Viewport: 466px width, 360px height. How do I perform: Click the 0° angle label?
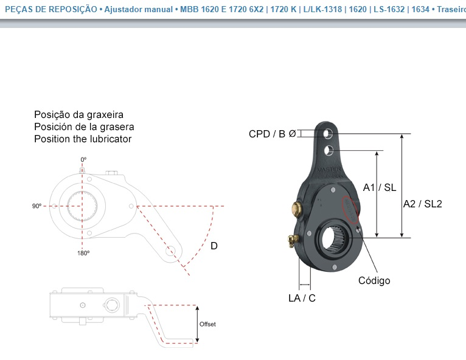(83, 159)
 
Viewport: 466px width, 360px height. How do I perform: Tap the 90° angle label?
(37, 206)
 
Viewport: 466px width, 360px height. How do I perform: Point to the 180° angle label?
(83, 253)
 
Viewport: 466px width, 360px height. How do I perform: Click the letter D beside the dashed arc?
(214, 246)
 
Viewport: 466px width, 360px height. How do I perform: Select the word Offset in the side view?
(207, 324)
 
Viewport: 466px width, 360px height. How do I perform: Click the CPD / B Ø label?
(272, 134)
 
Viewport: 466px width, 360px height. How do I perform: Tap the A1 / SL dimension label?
(380, 187)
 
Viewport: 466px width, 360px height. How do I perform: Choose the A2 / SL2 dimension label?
(422, 204)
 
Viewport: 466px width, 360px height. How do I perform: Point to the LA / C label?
(302, 298)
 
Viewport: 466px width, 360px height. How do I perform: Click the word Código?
(374, 280)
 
